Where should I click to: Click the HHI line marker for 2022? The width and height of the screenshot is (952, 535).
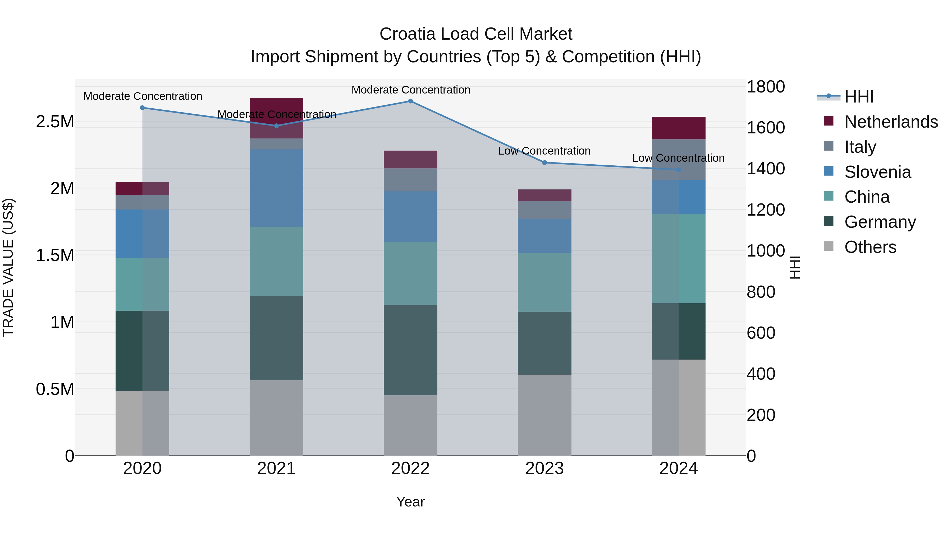(x=410, y=101)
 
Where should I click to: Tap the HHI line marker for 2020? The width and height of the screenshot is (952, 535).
(x=142, y=108)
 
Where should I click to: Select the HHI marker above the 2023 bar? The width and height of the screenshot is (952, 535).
(x=544, y=163)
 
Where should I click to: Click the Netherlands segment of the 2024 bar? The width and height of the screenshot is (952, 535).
(x=679, y=128)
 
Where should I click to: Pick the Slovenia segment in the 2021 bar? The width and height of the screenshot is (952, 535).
(x=276, y=188)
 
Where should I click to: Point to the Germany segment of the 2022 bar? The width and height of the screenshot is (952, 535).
(x=410, y=350)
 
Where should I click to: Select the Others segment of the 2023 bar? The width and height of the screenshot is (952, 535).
(x=544, y=415)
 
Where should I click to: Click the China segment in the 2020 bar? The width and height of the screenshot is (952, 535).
(x=142, y=284)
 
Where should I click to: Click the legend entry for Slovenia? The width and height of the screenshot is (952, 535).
(x=877, y=172)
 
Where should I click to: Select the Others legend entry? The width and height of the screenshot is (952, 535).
(x=870, y=247)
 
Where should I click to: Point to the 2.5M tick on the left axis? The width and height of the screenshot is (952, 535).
(x=55, y=122)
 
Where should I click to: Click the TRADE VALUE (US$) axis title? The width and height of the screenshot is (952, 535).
(x=8, y=267)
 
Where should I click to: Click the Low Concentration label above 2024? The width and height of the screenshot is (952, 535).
(x=678, y=158)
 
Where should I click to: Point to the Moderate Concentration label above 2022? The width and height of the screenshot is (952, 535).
(x=411, y=90)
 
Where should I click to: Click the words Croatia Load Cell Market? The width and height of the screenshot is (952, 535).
(x=476, y=34)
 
